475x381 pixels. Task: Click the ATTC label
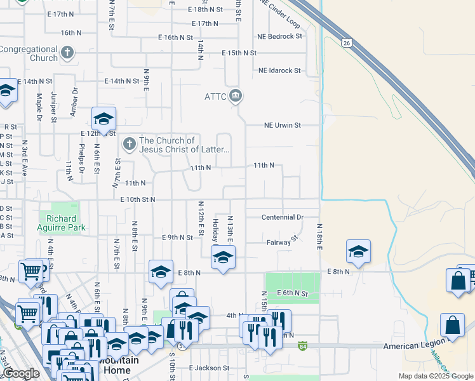click(x=215, y=97)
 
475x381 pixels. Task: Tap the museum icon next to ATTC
click(x=236, y=97)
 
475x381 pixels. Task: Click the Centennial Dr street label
click(x=283, y=217)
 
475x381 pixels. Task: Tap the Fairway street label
click(x=279, y=243)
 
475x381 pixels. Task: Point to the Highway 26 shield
click(x=346, y=43)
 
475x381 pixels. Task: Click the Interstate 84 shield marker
click(x=303, y=347)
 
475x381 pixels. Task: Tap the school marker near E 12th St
click(x=104, y=118)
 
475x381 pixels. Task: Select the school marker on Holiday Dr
click(x=223, y=257)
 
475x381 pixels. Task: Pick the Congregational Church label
click(x=29, y=53)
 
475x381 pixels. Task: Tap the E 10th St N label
click(x=138, y=199)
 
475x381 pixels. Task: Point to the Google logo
click(x=21, y=373)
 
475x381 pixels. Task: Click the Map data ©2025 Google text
click(x=435, y=376)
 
